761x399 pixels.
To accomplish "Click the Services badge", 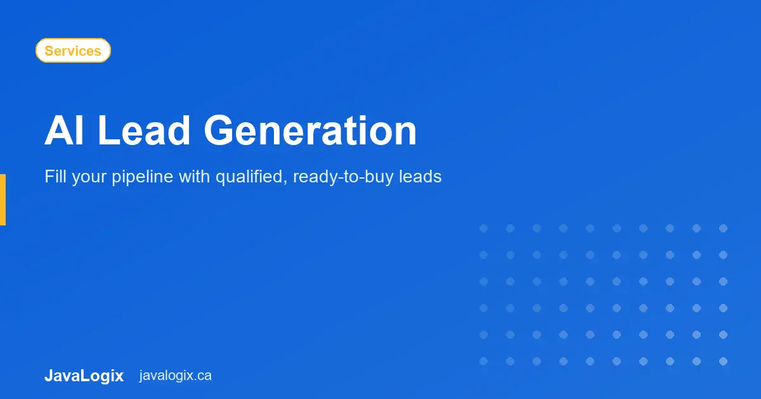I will click(73, 51).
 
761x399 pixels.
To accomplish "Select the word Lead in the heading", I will click(144, 131).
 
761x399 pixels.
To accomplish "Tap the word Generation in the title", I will click(310, 131).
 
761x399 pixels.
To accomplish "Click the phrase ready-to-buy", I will click(343, 177).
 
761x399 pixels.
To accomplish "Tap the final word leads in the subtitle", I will click(420, 177).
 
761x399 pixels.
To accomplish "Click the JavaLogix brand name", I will click(84, 376).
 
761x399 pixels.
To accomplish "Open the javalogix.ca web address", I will click(176, 376).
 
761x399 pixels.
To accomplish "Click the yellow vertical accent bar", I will click(3, 199).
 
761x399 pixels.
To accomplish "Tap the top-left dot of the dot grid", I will click(483, 228).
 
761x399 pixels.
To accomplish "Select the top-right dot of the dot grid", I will click(723, 228).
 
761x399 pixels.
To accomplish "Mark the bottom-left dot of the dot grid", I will click(483, 361).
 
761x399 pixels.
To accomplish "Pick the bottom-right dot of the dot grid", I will click(723, 361).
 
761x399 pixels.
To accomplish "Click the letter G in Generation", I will click(221, 131).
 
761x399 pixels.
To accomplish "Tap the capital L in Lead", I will click(108, 131).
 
